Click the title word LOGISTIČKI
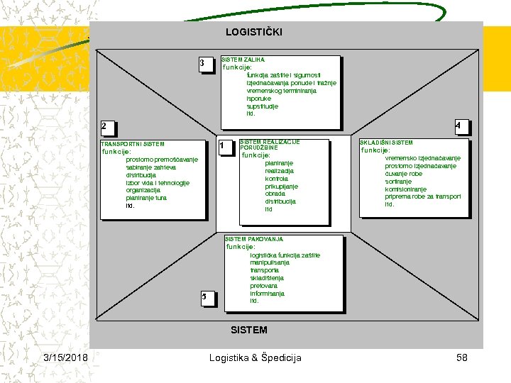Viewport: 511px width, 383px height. pyautogui.click(x=253, y=32)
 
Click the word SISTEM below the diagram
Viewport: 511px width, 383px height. pyautogui.click(x=249, y=330)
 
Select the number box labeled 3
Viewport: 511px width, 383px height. pyautogui.click(x=204, y=65)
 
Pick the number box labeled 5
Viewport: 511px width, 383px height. pyautogui.click(x=204, y=296)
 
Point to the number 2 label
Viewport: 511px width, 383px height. pyautogui.click(x=104, y=127)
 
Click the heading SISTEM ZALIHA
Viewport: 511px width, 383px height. pyautogui.click(x=243, y=60)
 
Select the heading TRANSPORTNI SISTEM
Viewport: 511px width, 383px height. pyautogui.click(x=133, y=144)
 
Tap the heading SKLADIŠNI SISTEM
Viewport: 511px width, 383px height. pyautogui.click(x=387, y=143)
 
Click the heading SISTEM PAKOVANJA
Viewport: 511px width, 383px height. pyautogui.click(x=253, y=239)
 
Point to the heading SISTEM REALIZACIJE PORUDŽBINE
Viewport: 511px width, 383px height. pyautogui.click(x=270, y=145)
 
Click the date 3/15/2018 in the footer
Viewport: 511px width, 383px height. pyautogui.click(x=65, y=357)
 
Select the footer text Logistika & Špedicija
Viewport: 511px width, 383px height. pyautogui.click(x=255, y=357)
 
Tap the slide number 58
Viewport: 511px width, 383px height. pyautogui.click(x=461, y=357)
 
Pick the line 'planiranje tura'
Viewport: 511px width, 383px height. pyautogui.click(x=146, y=198)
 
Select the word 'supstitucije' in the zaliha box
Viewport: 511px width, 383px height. pyautogui.click(x=263, y=106)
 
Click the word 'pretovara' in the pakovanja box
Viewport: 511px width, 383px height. pyautogui.click(x=264, y=286)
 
